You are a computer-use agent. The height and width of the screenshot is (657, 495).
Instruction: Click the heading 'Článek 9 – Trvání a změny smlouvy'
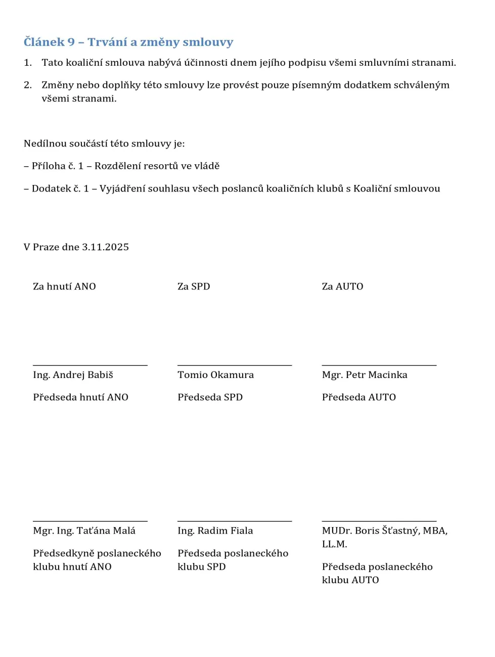point(128,42)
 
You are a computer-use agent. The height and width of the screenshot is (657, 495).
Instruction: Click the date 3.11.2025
point(105,247)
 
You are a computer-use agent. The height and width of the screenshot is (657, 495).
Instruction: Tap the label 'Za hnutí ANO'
point(64,287)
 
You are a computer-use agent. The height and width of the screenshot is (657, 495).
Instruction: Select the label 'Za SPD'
point(194,287)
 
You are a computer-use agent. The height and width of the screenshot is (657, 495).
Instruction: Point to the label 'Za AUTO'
point(342,287)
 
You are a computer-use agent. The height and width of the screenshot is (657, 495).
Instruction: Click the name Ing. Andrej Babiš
point(73,375)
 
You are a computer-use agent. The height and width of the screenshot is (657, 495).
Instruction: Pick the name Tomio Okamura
point(215,375)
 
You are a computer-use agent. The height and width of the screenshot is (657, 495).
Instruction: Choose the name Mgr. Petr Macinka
point(365,375)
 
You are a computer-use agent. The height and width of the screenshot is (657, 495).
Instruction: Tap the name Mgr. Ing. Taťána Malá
point(84,531)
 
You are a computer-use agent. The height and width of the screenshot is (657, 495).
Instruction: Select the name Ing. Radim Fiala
point(215,531)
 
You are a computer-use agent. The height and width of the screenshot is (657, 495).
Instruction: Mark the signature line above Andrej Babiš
point(90,365)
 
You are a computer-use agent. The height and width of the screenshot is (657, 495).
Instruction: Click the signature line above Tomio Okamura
point(235,365)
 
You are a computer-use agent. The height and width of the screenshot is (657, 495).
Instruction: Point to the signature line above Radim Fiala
point(235,521)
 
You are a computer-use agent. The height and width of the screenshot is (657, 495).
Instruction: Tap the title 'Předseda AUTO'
point(359,397)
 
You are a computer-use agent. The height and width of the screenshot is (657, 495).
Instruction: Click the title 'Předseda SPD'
point(210,397)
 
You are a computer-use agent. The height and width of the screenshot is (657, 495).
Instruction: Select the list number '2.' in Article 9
point(28,85)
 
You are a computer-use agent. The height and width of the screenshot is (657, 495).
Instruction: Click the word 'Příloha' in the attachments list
point(48,166)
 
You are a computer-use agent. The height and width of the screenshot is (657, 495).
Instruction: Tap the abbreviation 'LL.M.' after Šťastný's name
point(334,544)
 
